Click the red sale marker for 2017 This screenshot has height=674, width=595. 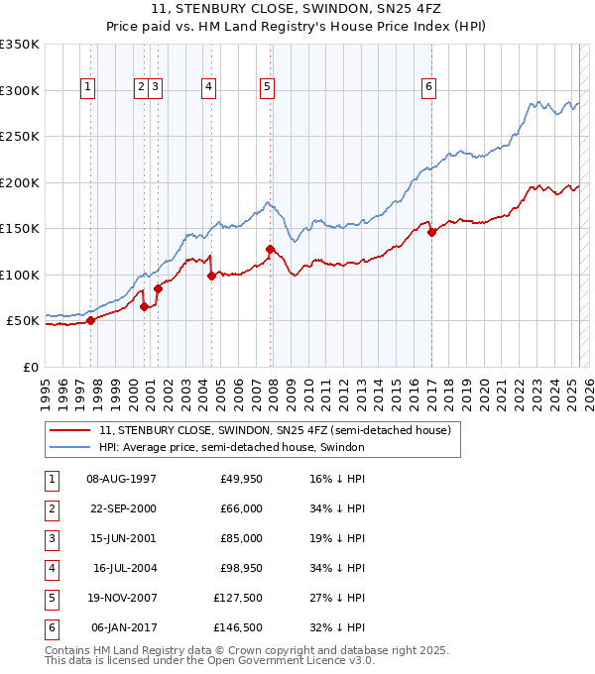pos(431,232)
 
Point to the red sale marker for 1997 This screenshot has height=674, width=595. pos(90,320)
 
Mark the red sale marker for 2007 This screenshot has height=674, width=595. pos(270,249)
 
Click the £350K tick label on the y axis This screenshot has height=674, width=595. pos(20,45)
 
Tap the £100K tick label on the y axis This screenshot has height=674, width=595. pos(20,275)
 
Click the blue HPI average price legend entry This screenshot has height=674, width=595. pos(232,447)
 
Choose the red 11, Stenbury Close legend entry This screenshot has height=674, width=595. pos(275,430)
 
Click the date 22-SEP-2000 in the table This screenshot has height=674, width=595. pos(122,508)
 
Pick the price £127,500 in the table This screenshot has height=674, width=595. pos(238,598)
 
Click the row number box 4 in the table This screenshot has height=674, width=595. pos(51,568)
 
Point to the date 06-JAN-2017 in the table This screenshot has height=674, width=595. pos(122,627)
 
